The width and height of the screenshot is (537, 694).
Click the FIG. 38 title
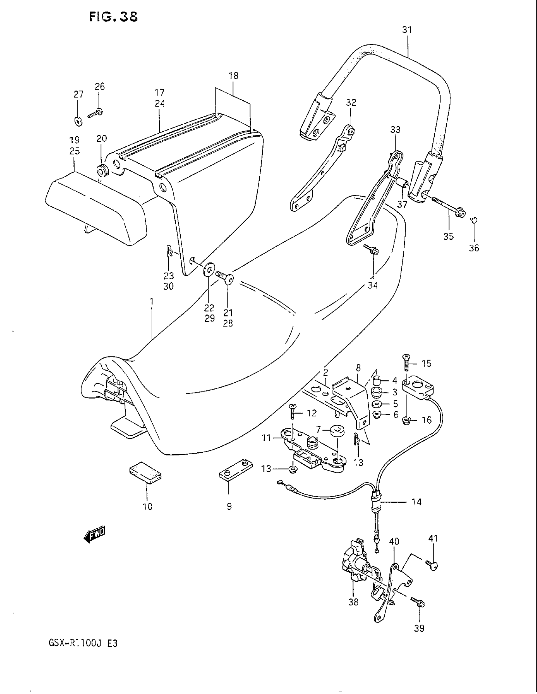click(x=113, y=16)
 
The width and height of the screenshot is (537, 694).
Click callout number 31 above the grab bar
click(x=407, y=30)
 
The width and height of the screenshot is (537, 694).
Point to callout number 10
click(x=148, y=507)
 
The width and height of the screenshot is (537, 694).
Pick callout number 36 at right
click(x=474, y=248)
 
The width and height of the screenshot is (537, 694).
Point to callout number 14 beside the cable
click(x=416, y=502)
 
